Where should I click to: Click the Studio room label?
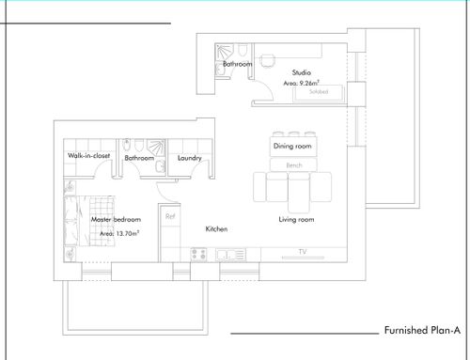coord(302,72)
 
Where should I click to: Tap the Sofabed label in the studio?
coord(319,91)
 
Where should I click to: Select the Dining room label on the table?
coord(292,146)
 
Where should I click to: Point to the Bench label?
coord(294,165)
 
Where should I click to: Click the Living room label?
coord(296,219)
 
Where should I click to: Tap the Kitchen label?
coord(216,228)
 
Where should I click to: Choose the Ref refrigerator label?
coord(170,216)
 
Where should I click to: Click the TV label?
coord(303,251)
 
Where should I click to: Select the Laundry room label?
coord(190,158)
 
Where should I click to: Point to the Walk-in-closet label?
coord(89,155)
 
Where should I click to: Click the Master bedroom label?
coord(116,219)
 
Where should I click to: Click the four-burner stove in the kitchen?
coord(199,254)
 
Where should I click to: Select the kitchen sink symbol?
coord(231,255)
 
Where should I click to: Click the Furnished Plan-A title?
coord(422,330)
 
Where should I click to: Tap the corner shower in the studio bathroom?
coord(225,52)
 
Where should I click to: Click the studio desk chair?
coord(267,61)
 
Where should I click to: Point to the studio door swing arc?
coord(267,87)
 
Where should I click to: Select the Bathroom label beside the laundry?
coord(139,158)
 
